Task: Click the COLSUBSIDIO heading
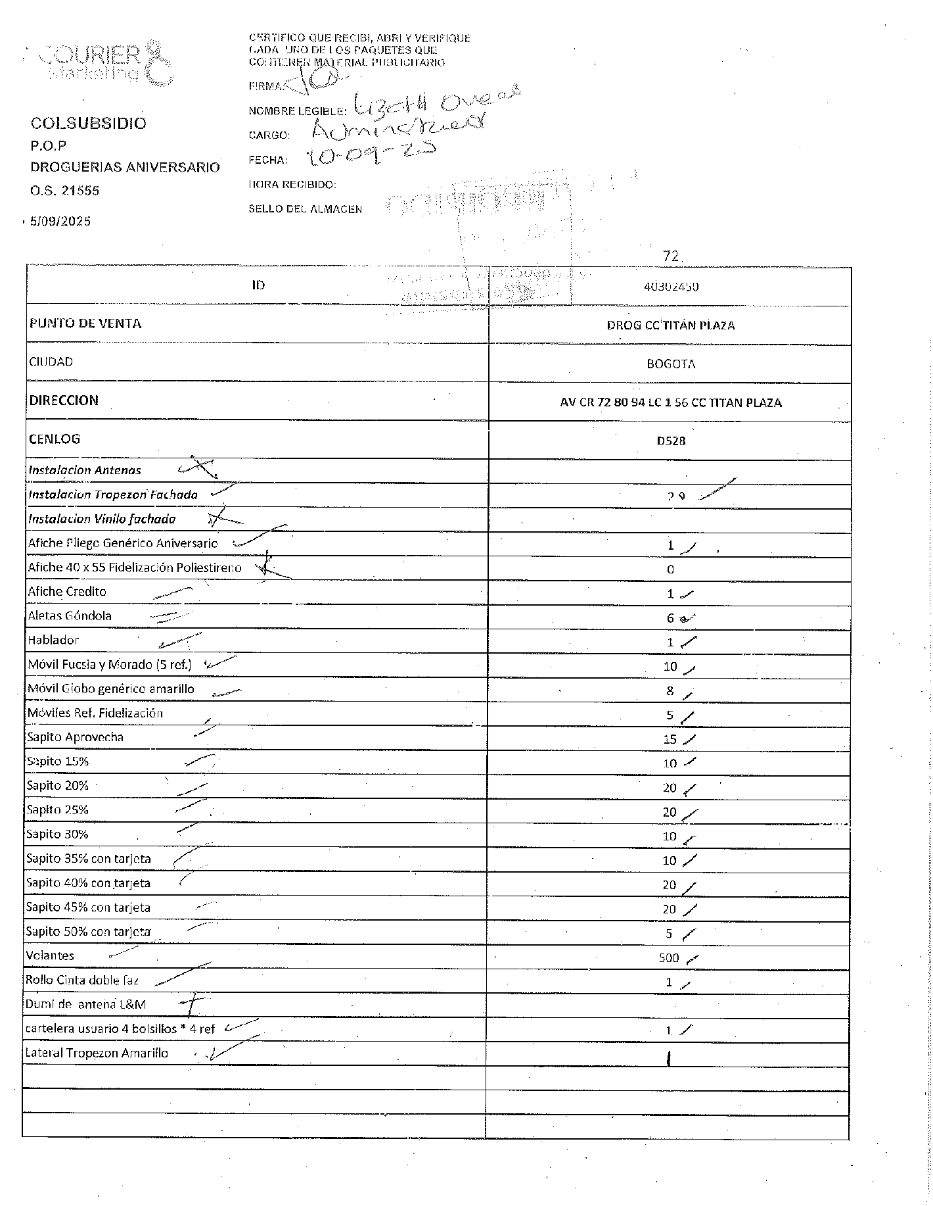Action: pyautogui.click(x=89, y=124)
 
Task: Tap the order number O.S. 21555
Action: pyautogui.click(x=64, y=191)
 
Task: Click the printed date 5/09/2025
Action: pyautogui.click(x=60, y=222)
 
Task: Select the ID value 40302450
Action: pyautogui.click(x=671, y=287)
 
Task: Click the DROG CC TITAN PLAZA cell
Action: pyautogui.click(x=670, y=326)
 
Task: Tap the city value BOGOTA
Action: pyautogui.click(x=670, y=364)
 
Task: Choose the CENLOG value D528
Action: pyautogui.click(x=670, y=441)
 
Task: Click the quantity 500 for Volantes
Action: pyautogui.click(x=669, y=958)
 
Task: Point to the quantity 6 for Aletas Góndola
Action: pyautogui.click(x=670, y=618)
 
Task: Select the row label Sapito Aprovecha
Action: pyautogui.click(x=75, y=737)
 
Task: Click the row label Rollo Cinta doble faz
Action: pyautogui.click(x=82, y=980)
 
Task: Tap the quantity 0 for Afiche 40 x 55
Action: pyautogui.click(x=670, y=570)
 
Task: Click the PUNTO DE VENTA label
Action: pyautogui.click(x=85, y=324)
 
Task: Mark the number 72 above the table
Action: pyautogui.click(x=670, y=256)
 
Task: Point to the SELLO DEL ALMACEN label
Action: pyautogui.click(x=305, y=209)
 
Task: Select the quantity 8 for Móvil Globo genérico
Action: pyautogui.click(x=670, y=691)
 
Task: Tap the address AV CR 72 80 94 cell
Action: pyautogui.click(x=670, y=402)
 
